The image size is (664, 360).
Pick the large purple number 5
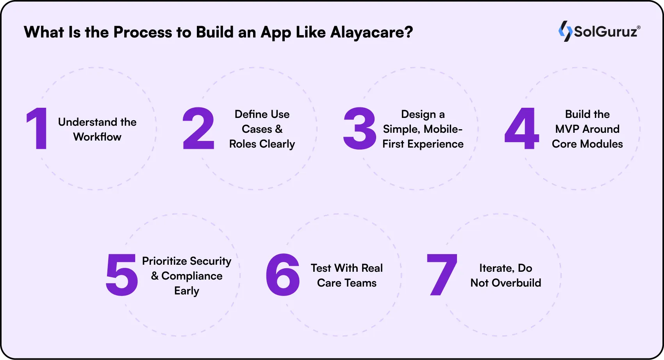point(121,274)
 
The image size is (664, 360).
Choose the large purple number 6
point(282,274)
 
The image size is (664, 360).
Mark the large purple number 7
point(442,274)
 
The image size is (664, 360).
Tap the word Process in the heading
point(143,32)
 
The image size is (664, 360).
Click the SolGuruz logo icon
point(565,31)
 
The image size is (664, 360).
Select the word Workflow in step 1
point(97,137)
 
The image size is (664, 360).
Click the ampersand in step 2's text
point(278,129)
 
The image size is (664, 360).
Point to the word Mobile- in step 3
point(443,129)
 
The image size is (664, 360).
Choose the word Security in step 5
point(211,261)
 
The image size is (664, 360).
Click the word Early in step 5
point(187,291)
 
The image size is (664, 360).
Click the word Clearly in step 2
point(277,144)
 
